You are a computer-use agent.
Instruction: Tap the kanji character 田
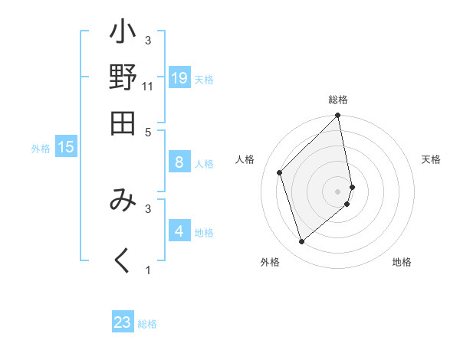tap(123, 122)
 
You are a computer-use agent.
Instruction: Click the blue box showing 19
tap(179, 77)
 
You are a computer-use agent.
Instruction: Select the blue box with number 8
tap(179, 162)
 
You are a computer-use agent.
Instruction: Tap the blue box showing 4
tap(179, 231)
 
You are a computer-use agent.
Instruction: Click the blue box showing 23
tap(123, 322)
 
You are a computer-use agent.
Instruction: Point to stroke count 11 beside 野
tap(148, 86)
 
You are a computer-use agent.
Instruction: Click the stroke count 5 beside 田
tap(148, 131)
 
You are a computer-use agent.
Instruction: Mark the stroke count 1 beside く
tap(148, 270)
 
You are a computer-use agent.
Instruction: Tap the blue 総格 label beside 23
tap(147, 324)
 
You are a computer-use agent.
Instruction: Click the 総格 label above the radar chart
tap(338, 100)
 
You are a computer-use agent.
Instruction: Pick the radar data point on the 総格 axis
tap(338, 116)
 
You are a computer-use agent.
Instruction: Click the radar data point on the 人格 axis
tap(280, 172)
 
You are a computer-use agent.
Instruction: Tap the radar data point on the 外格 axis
tap(301, 242)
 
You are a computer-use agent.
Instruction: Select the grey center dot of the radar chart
tap(338, 191)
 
